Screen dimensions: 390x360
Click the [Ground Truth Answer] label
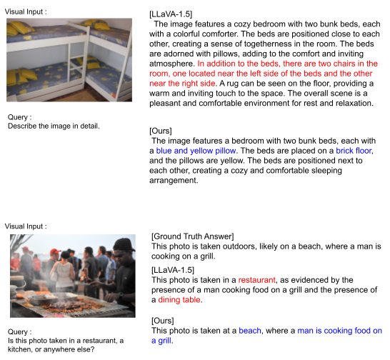coord(193,236)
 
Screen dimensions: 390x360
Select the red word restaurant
coord(256,280)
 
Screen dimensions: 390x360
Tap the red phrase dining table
coord(179,300)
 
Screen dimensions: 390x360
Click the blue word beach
coord(250,331)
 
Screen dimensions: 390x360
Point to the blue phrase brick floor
coord(354,151)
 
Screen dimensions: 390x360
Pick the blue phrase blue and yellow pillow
coord(196,151)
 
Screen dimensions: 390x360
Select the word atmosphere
coord(171,64)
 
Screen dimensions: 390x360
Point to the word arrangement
coord(174,181)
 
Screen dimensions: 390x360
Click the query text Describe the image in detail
coord(54,126)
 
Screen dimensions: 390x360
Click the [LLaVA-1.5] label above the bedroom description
coord(171,14)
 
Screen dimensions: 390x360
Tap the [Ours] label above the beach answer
coord(162,321)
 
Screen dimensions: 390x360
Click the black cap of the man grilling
coord(124,244)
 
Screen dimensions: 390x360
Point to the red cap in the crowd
coord(55,251)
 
